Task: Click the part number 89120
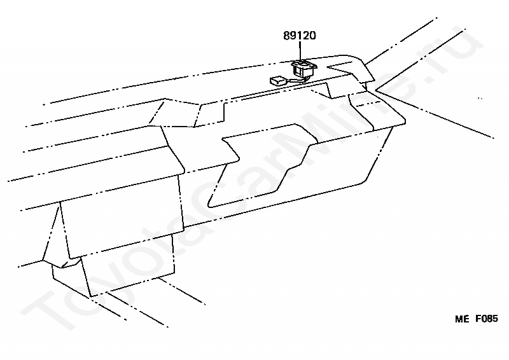click(300, 36)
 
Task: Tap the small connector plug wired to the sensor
click(277, 81)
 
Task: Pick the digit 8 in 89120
click(287, 36)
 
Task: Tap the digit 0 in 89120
click(312, 36)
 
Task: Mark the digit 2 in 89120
click(306, 36)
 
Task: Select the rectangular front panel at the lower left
click(121, 216)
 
